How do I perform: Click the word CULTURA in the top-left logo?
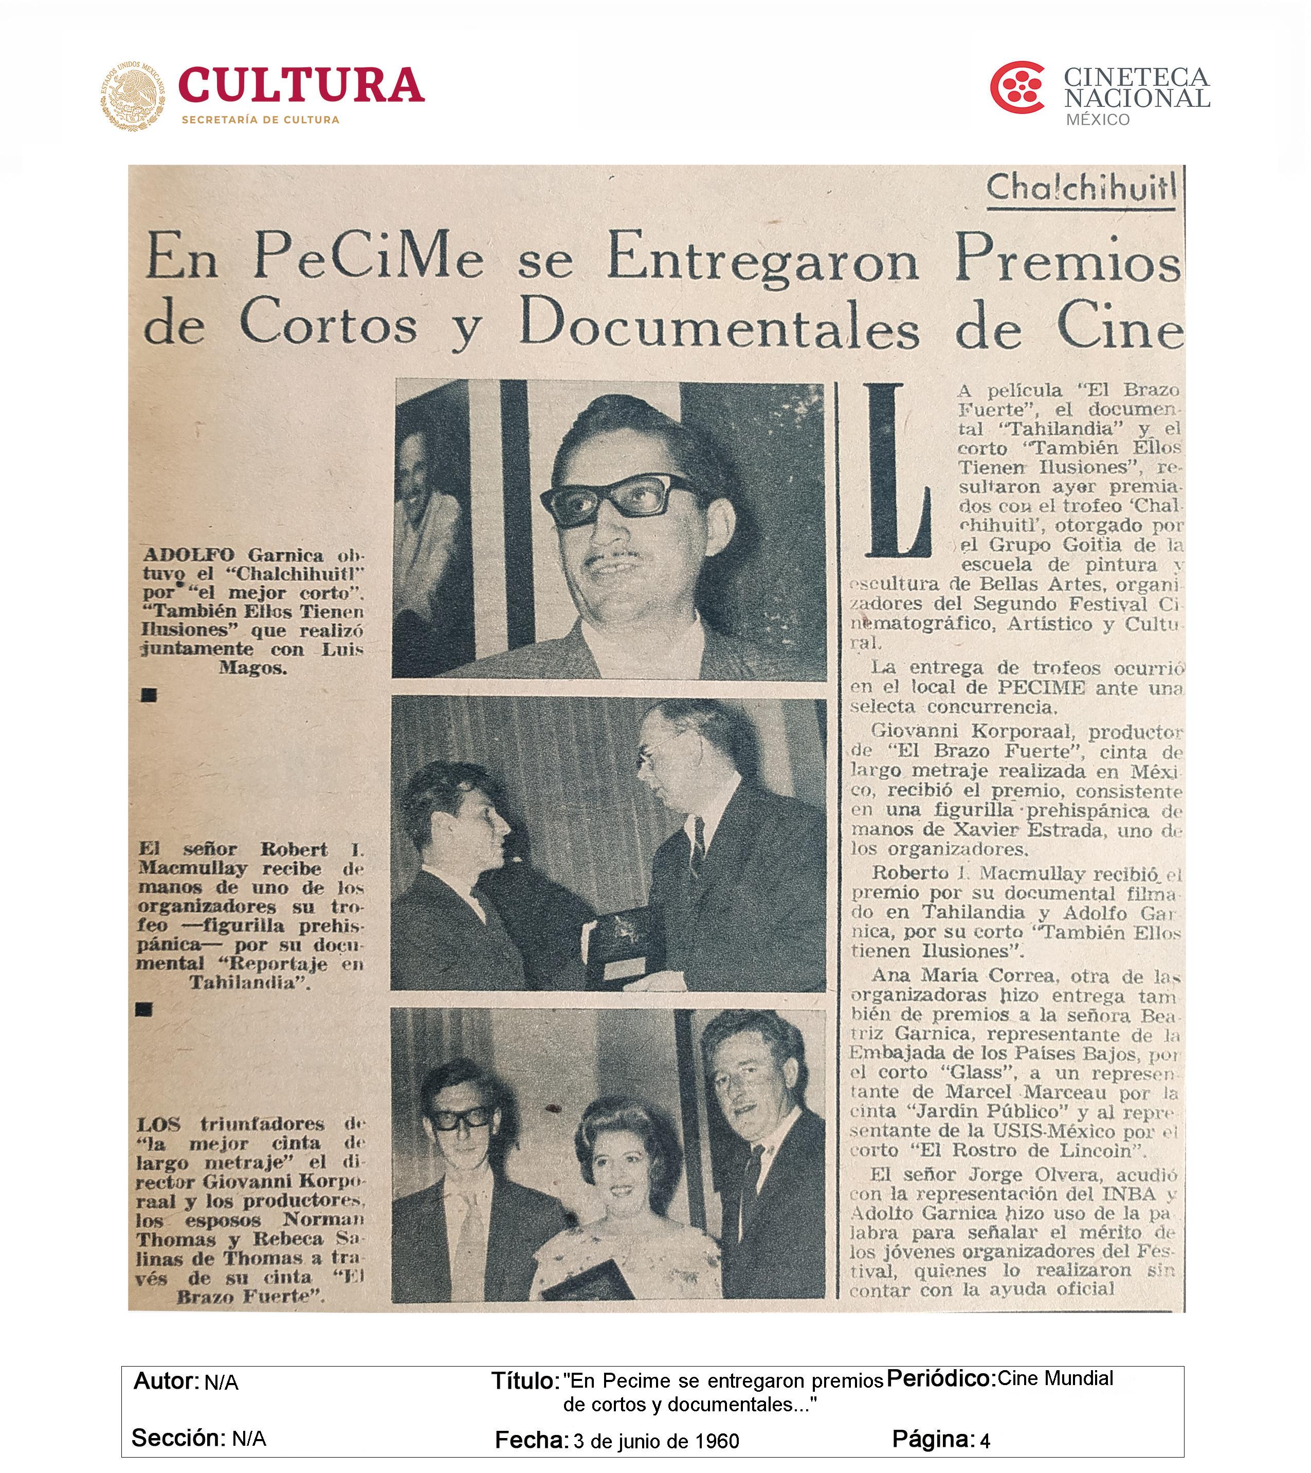click(301, 85)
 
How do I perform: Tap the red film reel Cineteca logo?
click(1016, 88)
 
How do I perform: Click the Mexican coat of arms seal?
click(133, 96)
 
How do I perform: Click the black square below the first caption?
click(149, 695)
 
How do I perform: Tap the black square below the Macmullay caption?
click(143, 1010)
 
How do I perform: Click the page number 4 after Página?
click(985, 1441)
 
